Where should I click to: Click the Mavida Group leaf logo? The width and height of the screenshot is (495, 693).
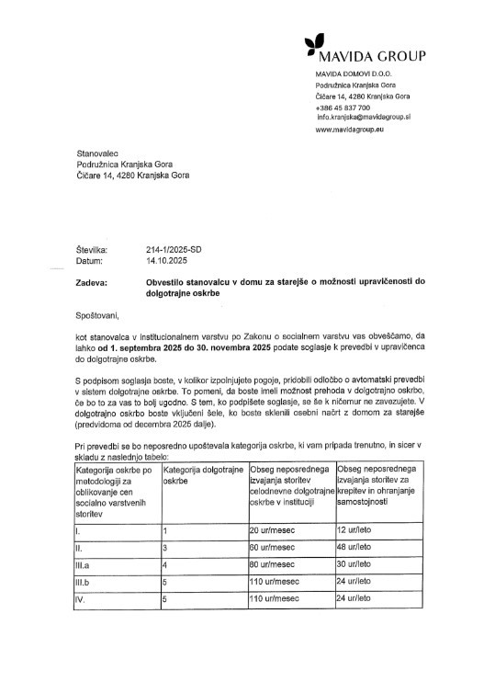[315, 41]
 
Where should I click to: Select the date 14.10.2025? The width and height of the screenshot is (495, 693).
[165, 260]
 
